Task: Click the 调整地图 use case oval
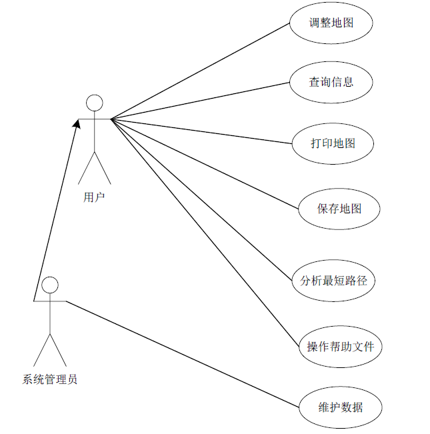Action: coord(331,23)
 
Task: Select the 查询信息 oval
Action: coord(331,82)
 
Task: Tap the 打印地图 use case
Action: coord(333,143)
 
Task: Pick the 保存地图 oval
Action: coord(339,209)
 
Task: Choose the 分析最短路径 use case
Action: coord(333,281)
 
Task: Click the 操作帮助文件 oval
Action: coord(341,347)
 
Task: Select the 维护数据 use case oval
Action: coord(341,406)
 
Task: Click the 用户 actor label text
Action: coord(95,197)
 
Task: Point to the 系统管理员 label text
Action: coord(50,380)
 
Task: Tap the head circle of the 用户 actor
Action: coord(95,103)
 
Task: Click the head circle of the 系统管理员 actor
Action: coord(50,285)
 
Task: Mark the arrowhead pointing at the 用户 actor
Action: coord(77,124)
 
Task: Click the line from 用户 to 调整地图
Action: coord(200,71)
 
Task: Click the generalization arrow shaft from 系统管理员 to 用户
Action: coord(55,212)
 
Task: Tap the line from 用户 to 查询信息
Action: coord(200,101)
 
